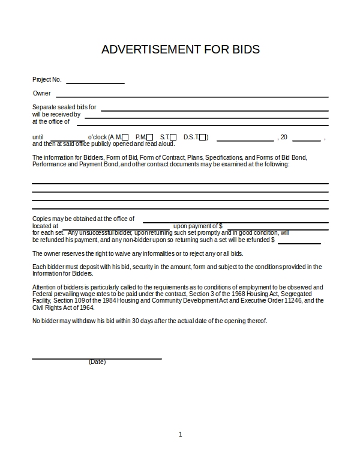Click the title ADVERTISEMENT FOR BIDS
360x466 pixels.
(x=180, y=49)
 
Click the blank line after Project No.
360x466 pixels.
(x=95, y=82)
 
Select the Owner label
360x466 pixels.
(x=41, y=93)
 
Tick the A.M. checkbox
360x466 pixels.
(x=125, y=137)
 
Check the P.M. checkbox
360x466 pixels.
(x=150, y=137)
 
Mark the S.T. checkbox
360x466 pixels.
(x=173, y=137)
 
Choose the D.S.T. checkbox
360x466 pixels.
(x=203, y=137)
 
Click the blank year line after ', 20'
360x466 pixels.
(x=306, y=140)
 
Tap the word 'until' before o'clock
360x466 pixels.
(x=38, y=138)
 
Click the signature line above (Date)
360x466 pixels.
(x=97, y=358)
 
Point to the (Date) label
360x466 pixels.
(x=97, y=362)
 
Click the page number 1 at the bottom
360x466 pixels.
(x=180, y=434)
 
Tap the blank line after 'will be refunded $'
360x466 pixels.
(x=299, y=243)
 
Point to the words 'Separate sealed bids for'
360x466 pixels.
(x=64, y=107)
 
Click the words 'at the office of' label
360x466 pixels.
(x=51, y=121)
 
